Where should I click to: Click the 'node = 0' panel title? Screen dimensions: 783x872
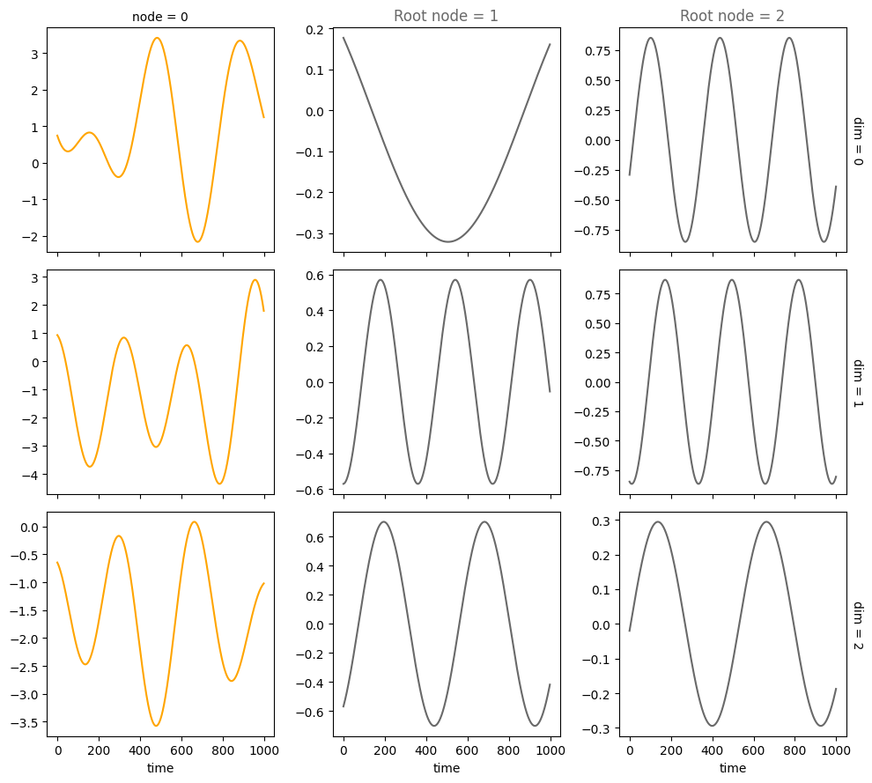point(159,17)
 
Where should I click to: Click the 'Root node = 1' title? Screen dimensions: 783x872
point(446,16)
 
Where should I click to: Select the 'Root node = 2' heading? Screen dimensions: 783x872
point(732,16)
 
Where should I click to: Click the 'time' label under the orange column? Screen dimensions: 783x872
point(160,768)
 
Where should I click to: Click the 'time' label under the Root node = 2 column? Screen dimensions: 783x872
point(732,768)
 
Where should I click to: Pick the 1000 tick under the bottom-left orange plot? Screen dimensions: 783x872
point(264,751)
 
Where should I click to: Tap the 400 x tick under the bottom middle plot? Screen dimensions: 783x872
point(426,751)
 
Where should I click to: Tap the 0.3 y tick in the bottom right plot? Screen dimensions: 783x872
point(600,521)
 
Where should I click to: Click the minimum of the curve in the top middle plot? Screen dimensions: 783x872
point(447,241)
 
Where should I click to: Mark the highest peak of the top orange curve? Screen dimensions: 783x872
point(157,38)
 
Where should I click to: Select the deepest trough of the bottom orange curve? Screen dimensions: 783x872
point(157,726)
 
